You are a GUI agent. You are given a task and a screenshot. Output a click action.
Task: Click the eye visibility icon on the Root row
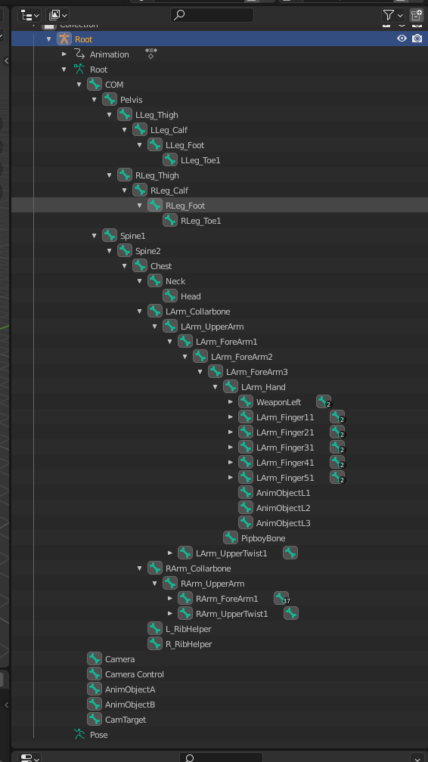(402, 39)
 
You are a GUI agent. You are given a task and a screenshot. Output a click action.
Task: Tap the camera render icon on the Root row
(417, 39)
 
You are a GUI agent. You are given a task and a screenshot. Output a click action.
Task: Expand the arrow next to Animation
(64, 54)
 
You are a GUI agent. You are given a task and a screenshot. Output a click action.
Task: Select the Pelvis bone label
(132, 100)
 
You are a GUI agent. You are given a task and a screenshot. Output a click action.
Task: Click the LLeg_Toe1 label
(200, 160)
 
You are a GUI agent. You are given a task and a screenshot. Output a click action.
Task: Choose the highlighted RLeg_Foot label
(185, 206)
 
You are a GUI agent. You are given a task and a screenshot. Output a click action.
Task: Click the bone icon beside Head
(169, 296)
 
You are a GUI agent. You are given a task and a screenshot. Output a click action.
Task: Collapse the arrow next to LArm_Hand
(215, 387)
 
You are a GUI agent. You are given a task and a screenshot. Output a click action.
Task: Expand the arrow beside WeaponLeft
(231, 402)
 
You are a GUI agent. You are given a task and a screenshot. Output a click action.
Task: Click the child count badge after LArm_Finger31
(337, 447)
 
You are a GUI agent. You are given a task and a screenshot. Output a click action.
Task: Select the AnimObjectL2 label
(283, 508)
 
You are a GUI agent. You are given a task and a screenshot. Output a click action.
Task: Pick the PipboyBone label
(263, 538)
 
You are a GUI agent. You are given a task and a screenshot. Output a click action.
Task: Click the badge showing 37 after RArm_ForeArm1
(281, 599)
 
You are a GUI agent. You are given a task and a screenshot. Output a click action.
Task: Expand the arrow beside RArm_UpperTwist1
(169, 614)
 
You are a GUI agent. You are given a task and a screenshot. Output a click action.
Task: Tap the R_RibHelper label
(189, 644)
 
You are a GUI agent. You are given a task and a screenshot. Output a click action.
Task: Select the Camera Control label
(135, 674)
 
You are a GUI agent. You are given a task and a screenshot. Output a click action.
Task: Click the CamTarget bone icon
(95, 719)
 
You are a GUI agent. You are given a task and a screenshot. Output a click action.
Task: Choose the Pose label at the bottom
(99, 735)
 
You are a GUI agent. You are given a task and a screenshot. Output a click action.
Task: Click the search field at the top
(212, 15)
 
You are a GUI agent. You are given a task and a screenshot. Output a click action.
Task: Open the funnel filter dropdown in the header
(393, 15)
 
